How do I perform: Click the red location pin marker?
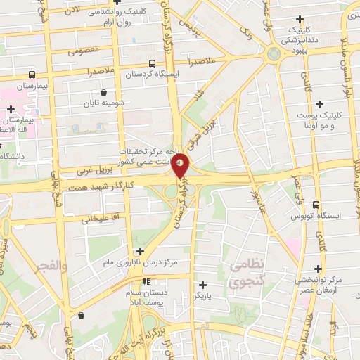coord(181,166)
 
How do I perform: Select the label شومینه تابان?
coord(104,103)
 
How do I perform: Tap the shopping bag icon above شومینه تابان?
coord(104,91)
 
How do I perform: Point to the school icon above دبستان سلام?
coord(146,281)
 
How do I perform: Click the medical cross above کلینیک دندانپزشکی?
coord(301,19)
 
